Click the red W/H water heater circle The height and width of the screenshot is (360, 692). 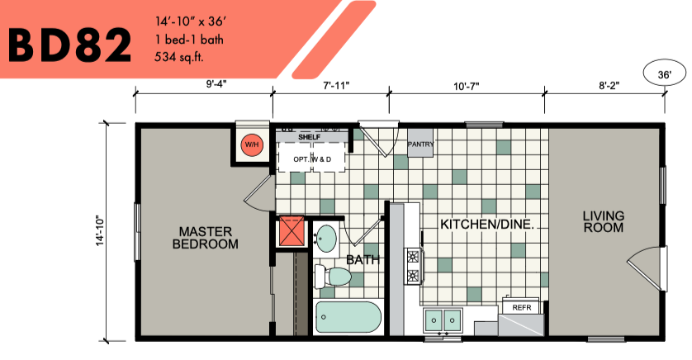click(x=252, y=144)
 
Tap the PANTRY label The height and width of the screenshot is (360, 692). click(x=420, y=144)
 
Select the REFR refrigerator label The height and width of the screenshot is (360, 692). click(x=522, y=307)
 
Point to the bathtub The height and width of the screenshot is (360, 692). click(x=348, y=317)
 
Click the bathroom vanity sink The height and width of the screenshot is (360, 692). click(x=326, y=239)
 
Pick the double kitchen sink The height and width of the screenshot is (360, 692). click(x=443, y=320)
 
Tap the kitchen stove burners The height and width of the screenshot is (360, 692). click(x=414, y=266)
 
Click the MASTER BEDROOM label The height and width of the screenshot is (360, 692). click(x=206, y=238)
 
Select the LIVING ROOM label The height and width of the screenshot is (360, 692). click(x=604, y=222)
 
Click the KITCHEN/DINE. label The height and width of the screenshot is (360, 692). click(x=487, y=224)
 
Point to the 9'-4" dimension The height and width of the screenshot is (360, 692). click(x=216, y=84)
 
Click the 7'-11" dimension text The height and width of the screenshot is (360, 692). click(x=336, y=85)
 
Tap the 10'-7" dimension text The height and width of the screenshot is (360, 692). click(x=467, y=86)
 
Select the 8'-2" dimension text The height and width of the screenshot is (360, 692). click(x=609, y=85)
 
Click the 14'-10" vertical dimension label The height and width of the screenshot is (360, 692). click(x=101, y=230)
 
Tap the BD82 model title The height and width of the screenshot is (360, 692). click(x=69, y=45)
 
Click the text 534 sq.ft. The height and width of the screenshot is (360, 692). click(x=179, y=57)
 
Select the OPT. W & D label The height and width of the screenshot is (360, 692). click(x=312, y=159)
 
